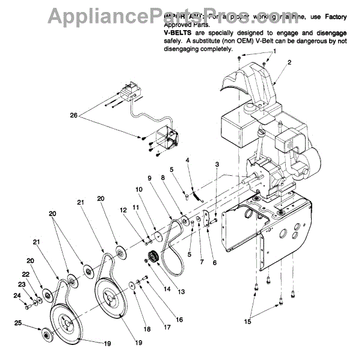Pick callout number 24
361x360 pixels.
(x=17, y=295)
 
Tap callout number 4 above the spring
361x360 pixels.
(x=187, y=160)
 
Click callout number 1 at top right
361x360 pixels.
(x=276, y=51)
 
